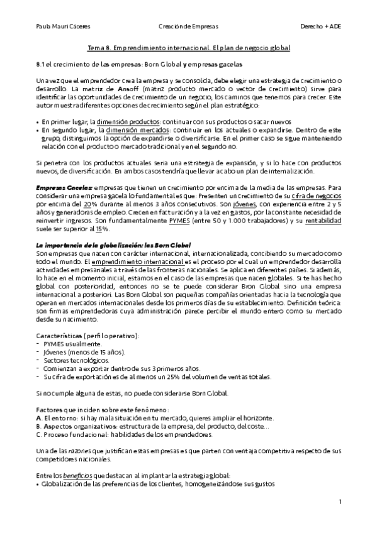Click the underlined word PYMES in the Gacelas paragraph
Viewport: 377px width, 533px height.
(x=172, y=221)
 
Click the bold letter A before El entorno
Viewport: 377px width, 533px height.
(x=39, y=418)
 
